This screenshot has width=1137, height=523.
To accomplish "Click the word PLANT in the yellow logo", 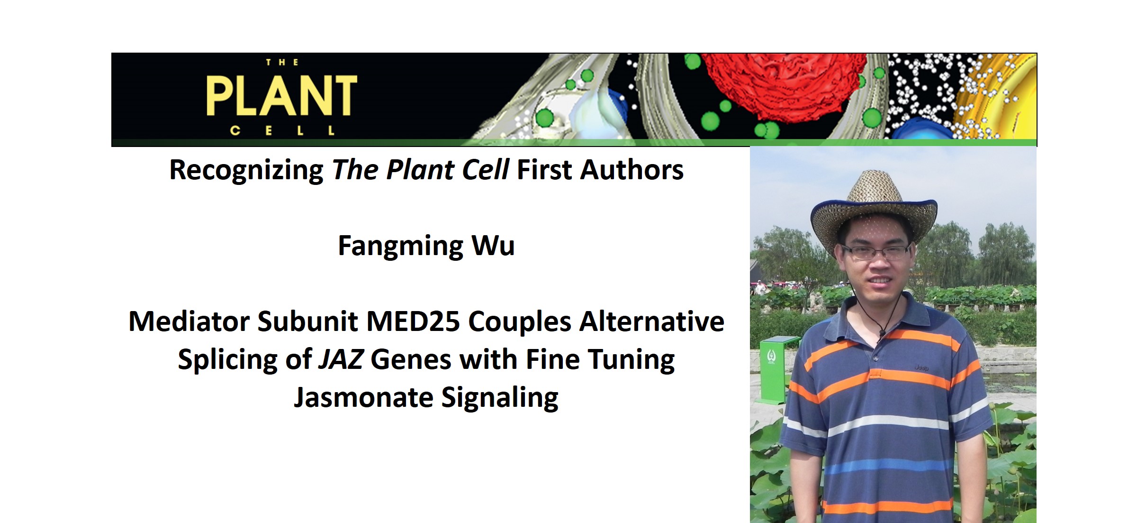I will pyautogui.click(x=281, y=96).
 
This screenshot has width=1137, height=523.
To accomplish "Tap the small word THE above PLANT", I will pyautogui.click(x=282, y=63).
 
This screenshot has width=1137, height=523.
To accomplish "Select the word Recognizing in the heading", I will pyautogui.click(x=246, y=171).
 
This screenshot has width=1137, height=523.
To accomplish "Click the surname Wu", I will pyautogui.click(x=493, y=246).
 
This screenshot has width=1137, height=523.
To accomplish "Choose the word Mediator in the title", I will pyautogui.click(x=189, y=321).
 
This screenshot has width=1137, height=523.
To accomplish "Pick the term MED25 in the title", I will pyautogui.click(x=413, y=321).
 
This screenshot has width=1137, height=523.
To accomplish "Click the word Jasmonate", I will pyautogui.click(x=363, y=397).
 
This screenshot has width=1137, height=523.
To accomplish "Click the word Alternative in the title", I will pyautogui.click(x=652, y=321).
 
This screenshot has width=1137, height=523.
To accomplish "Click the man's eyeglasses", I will pyautogui.click(x=875, y=252).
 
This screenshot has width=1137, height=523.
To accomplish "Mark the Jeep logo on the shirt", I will pyautogui.click(x=921, y=367).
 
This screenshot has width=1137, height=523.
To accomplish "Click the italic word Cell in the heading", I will pyautogui.click(x=485, y=170).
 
